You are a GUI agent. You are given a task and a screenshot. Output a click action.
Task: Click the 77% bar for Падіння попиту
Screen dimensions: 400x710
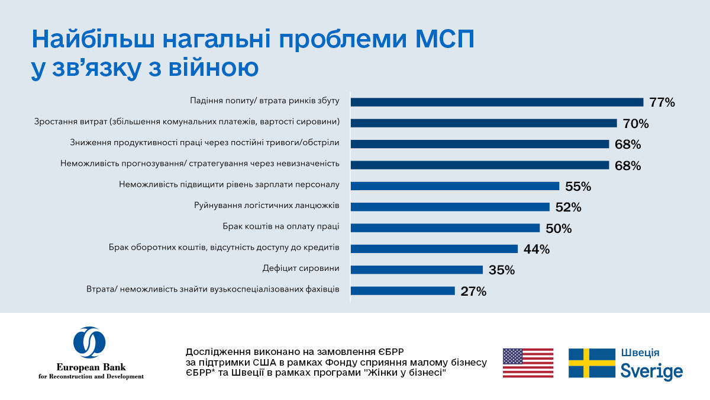(x=497, y=102)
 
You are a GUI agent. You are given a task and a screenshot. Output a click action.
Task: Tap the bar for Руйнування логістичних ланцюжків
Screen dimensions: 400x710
(x=450, y=207)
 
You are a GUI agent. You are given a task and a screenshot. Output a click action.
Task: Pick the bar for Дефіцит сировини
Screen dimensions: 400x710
(x=417, y=270)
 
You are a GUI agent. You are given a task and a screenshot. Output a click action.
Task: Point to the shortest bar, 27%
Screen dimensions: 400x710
(x=403, y=291)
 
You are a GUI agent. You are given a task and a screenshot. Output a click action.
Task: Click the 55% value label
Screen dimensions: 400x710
(x=578, y=187)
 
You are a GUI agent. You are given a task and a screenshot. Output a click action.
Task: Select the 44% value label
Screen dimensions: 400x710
(x=537, y=249)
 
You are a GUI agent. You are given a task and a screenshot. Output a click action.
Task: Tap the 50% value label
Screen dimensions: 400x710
(x=558, y=228)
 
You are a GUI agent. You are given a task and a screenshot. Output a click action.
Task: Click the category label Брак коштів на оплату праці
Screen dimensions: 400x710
(x=281, y=226)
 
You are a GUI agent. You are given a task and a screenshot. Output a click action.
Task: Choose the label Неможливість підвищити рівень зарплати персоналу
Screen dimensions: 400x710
(x=229, y=184)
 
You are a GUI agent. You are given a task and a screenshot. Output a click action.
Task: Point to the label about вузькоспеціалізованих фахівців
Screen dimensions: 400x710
(x=212, y=290)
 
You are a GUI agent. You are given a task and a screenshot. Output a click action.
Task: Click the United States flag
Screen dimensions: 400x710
(x=528, y=363)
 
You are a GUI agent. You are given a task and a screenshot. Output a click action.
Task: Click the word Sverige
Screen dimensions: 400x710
(x=651, y=372)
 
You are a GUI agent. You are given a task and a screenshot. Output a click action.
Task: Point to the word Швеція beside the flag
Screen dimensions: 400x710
(x=640, y=353)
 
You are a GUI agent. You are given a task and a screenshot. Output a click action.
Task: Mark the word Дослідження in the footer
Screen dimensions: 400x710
(x=216, y=350)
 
